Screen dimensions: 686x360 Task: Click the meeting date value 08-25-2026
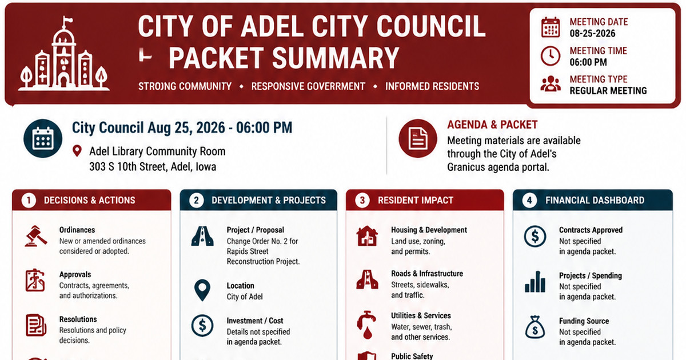click(x=592, y=33)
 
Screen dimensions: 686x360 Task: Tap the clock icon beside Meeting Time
click(x=551, y=56)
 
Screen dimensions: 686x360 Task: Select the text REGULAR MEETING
click(x=608, y=91)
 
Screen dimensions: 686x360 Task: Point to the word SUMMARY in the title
click(x=336, y=58)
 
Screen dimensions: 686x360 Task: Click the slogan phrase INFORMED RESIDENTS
click(x=432, y=86)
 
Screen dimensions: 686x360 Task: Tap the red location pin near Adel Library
click(x=77, y=151)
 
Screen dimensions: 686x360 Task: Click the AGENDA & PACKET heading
click(x=492, y=125)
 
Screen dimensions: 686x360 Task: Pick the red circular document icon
click(x=418, y=138)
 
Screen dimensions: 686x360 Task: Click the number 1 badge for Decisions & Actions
click(x=29, y=201)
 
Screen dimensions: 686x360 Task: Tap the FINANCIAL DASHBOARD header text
click(x=595, y=200)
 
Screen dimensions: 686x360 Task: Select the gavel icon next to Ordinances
click(x=36, y=235)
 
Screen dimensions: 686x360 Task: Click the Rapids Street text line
click(x=248, y=251)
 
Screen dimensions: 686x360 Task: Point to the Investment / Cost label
click(x=255, y=321)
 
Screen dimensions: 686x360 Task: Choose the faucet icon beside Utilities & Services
click(x=366, y=325)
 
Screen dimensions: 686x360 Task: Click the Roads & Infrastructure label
click(x=427, y=273)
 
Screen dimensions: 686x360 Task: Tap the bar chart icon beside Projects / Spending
click(x=535, y=282)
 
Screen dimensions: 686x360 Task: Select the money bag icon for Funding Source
click(x=535, y=327)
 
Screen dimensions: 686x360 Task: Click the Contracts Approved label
click(x=591, y=230)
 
